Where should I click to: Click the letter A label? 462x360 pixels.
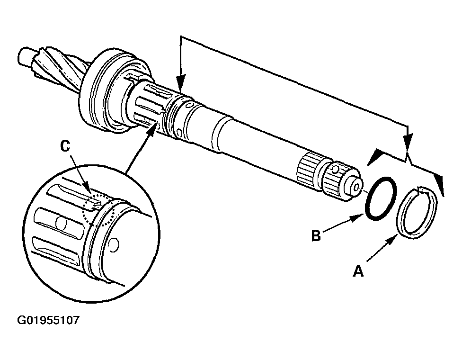(358, 271)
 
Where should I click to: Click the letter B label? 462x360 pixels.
(317, 235)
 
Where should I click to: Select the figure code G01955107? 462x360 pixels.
(48, 321)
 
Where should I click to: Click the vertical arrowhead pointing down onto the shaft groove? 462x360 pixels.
(180, 86)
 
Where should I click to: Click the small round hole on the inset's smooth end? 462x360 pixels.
(113, 244)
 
